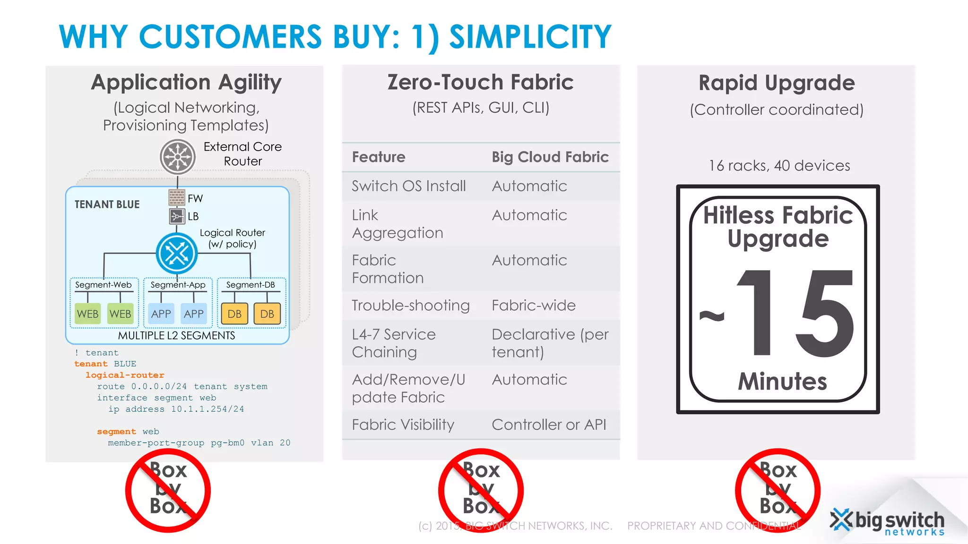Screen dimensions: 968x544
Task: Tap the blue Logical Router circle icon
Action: tap(177, 254)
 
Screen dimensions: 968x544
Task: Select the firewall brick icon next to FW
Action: tap(177, 197)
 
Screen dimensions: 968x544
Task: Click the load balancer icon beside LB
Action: tap(177, 216)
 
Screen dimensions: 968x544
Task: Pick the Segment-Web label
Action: tap(103, 285)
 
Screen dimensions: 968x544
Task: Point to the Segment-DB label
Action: tap(251, 285)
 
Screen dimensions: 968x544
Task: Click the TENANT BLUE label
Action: tap(107, 204)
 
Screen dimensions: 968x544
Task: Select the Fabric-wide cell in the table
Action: tap(534, 306)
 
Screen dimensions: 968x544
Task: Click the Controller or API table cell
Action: tap(549, 425)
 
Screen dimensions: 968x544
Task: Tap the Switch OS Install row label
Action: tap(409, 186)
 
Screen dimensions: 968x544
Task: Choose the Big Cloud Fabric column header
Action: tap(550, 157)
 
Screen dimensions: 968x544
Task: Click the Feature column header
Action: tap(379, 157)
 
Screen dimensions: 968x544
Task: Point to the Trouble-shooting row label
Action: tap(411, 306)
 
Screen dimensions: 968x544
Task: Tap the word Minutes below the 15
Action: tap(782, 381)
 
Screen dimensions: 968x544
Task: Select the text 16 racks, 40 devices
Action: tap(779, 166)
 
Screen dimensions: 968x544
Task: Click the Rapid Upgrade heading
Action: tap(777, 83)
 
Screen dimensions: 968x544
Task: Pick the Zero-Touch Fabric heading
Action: tap(480, 82)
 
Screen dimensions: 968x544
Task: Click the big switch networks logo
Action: tap(888, 522)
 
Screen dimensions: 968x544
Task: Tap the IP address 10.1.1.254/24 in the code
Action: tap(207, 409)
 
